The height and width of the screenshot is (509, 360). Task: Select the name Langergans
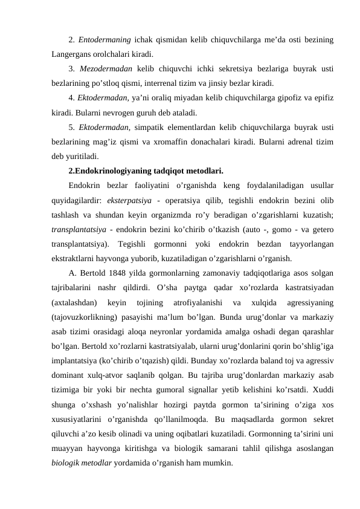pyautogui.click(x=72, y=54)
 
